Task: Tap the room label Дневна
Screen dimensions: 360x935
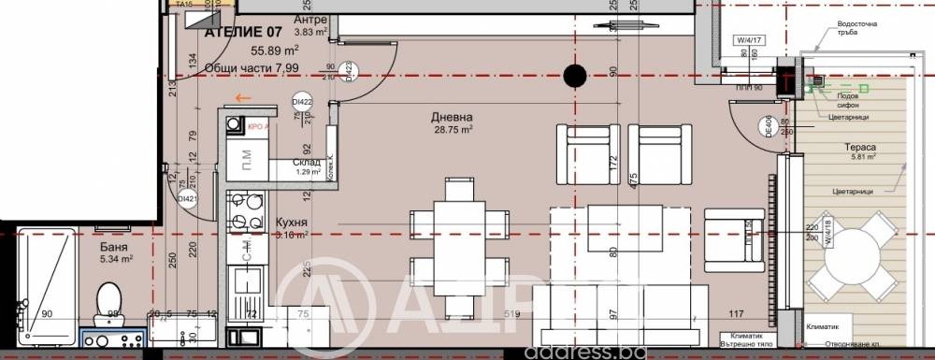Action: click(x=452, y=117)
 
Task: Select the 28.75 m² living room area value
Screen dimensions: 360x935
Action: click(x=453, y=131)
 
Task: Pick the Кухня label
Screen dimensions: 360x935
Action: click(x=294, y=222)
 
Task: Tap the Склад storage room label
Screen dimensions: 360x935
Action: click(x=293, y=162)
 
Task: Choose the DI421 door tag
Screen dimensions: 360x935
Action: click(x=187, y=197)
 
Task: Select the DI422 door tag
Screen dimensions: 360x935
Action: click(x=301, y=102)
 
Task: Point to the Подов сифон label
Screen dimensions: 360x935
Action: click(x=846, y=101)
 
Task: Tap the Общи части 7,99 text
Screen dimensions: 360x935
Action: click(x=245, y=67)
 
